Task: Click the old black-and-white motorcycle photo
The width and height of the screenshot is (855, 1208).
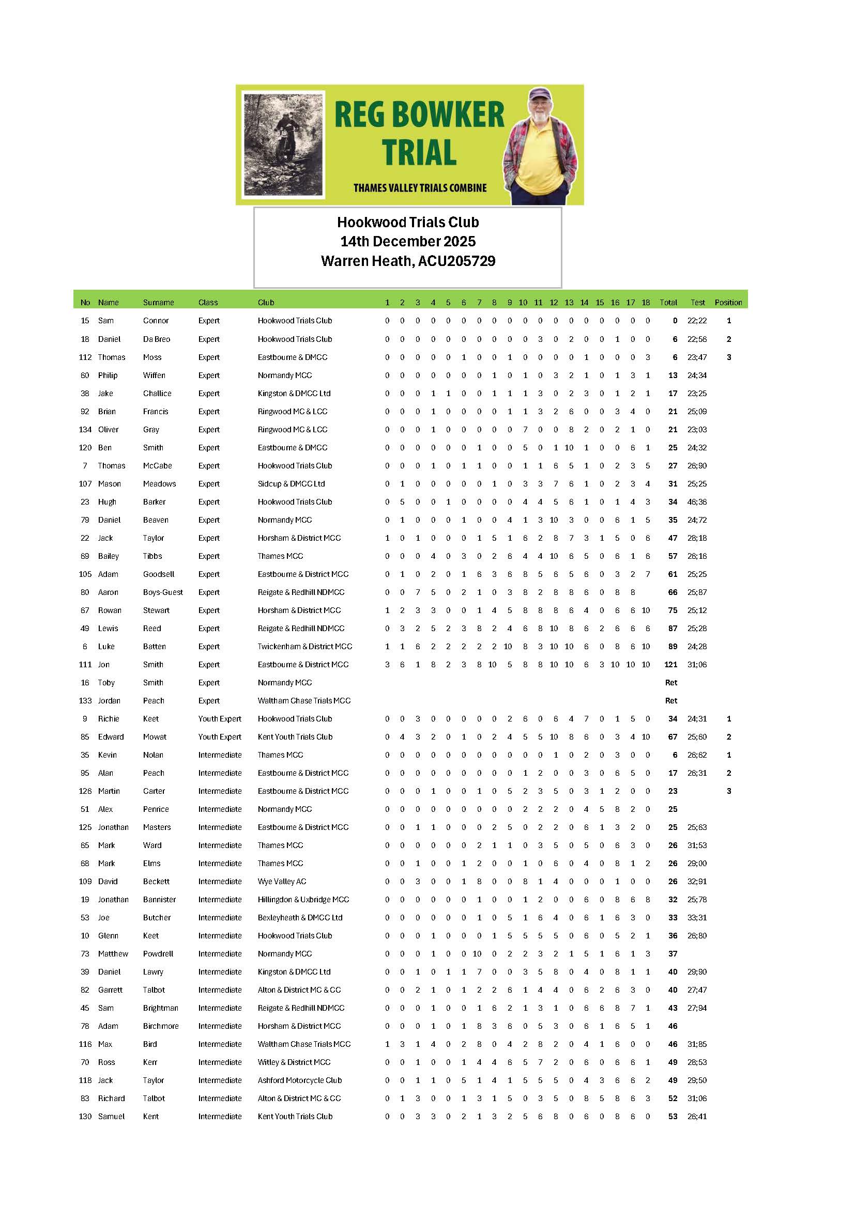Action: pyautogui.click(x=283, y=144)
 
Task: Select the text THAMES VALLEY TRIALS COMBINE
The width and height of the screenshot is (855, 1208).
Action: pyautogui.click(x=420, y=188)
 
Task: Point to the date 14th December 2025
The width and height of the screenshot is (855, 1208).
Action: pyautogui.click(x=408, y=242)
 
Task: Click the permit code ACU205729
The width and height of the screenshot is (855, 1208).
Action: pyautogui.click(x=456, y=261)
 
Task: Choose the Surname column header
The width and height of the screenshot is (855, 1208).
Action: pyautogui.click(x=159, y=303)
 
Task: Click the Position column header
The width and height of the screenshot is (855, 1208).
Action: pyautogui.click(x=728, y=303)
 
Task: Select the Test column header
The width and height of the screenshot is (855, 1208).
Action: pyautogui.click(x=697, y=303)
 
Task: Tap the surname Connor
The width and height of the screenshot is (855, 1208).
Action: pyautogui.click(x=156, y=320)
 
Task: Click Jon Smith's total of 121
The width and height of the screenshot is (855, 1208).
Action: pyautogui.click(x=670, y=665)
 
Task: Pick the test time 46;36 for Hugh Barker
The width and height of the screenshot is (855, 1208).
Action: pyautogui.click(x=697, y=502)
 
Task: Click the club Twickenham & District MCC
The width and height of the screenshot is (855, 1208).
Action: pyautogui.click(x=305, y=646)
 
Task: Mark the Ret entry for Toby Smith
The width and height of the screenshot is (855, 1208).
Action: pyautogui.click(x=671, y=682)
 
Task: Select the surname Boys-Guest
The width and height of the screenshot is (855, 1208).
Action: pyautogui.click(x=163, y=592)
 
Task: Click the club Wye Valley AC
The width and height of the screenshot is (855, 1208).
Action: pyautogui.click(x=282, y=881)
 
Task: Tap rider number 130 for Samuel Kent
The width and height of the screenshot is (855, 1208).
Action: pyautogui.click(x=85, y=1117)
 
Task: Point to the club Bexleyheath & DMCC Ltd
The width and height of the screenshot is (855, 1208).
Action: pyautogui.click(x=300, y=918)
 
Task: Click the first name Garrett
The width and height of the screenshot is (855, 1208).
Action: pyautogui.click(x=110, y=990)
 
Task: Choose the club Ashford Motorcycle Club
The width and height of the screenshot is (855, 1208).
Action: pyautogui.click(x=300, y=1080)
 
